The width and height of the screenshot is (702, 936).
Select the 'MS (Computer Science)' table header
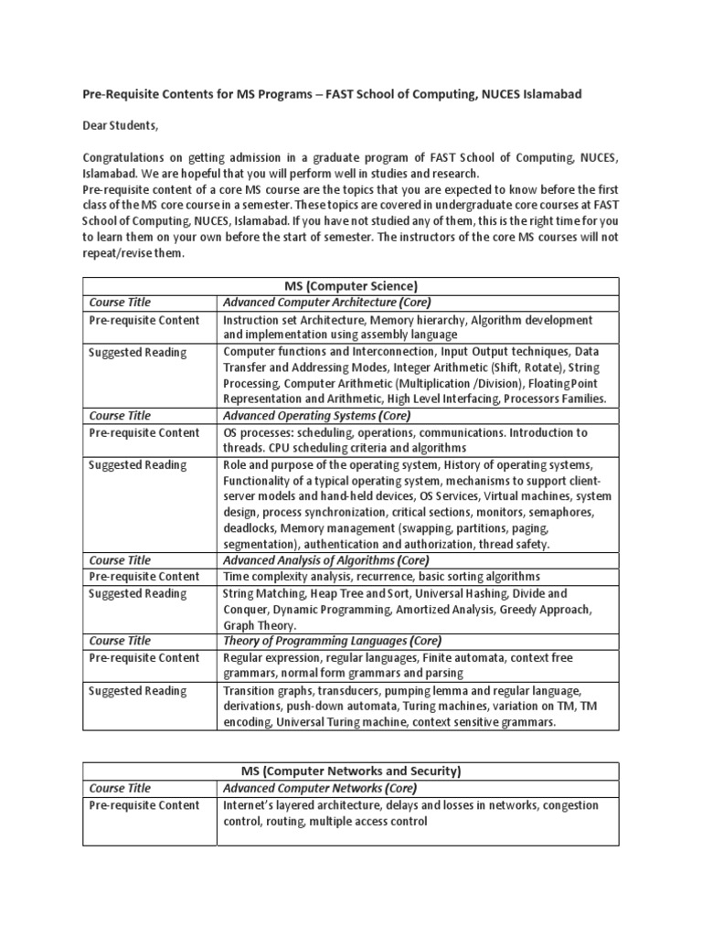click(x=350, y=285)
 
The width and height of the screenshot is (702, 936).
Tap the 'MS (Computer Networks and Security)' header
click(x=350, y=771)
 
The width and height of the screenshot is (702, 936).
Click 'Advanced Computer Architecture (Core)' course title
click(x=326, y=302)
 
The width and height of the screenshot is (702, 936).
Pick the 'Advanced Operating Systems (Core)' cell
click(x=315, y=415)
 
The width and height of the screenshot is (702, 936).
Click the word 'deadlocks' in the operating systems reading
click(x=250, y=528)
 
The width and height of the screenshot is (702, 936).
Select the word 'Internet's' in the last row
click(x=250, y=805)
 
